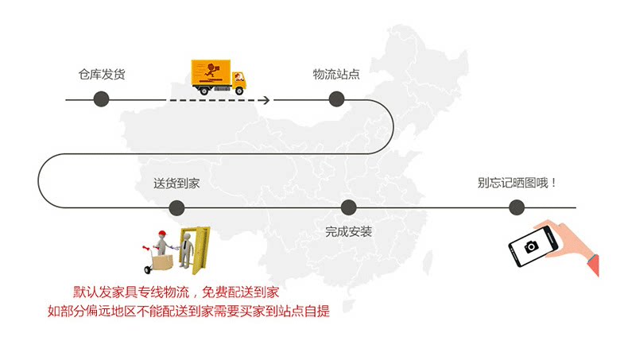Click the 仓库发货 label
pyautogui.click(x=101, y=75)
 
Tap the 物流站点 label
pyautogui.click(x=336, y=75)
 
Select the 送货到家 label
pyautogui.click(x=176, y=184)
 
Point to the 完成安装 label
pyautogui.click(x=348, y=232)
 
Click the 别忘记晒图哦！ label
pyautogui.click(x=517, y=183)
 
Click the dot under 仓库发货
pyautogui.click(x=101, y=99)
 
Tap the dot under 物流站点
pyautogui.click(x=336, y=99)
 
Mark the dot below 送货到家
pyautogui.click(x=176, y=208)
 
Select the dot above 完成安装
pyautogui.click(x=348, y=208)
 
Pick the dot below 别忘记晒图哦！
pyautogui.click(x=517, y=208)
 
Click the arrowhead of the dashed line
pyautogui.click(x=266, y=99)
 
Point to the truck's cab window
pyautogui.click(x=238, y=75)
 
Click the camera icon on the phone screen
pyautogui.click(x=530, y=247)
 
